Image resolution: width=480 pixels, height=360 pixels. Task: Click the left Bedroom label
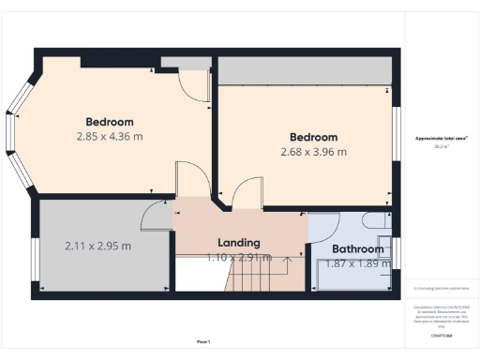[110, 122]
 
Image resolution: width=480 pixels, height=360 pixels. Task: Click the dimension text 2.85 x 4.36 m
[110, 136]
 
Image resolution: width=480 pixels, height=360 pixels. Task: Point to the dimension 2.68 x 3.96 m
[313, 152]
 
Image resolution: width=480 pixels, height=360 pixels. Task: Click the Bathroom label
[358, 249]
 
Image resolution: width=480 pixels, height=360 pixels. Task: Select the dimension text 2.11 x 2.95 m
[97, 247]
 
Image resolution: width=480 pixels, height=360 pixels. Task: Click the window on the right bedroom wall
[397, 131]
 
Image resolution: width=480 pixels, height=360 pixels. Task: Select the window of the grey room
[34, 258]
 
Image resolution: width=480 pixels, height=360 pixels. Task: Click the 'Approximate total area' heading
[441, 139]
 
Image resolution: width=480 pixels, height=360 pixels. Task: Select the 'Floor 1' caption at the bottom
[203, 341]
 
